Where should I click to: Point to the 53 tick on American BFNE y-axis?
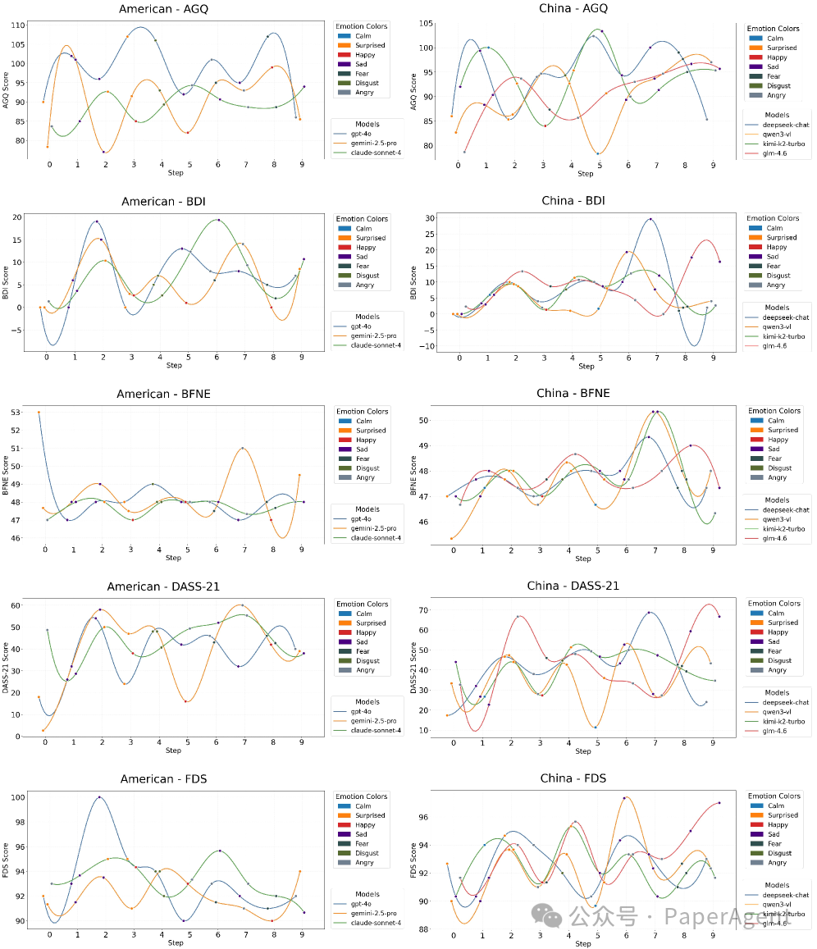tap(18, 413)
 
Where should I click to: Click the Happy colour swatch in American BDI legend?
tap(345, 247)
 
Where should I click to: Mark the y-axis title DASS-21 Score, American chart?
tap(7, 668)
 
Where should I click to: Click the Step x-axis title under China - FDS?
tap(583, 943)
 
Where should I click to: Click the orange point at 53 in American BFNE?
tap(39, 413)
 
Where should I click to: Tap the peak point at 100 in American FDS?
tap(99, 797)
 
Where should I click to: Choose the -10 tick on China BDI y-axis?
tap(427, 346)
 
